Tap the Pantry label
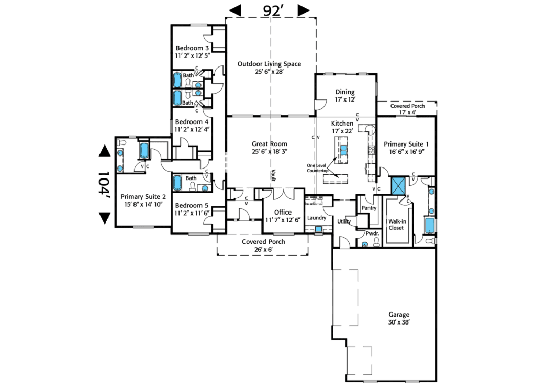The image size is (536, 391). (366, 208)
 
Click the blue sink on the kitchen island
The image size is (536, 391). (344, 151)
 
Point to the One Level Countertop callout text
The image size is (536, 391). (317, 168)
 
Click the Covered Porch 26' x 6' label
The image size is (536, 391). (263, 245)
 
